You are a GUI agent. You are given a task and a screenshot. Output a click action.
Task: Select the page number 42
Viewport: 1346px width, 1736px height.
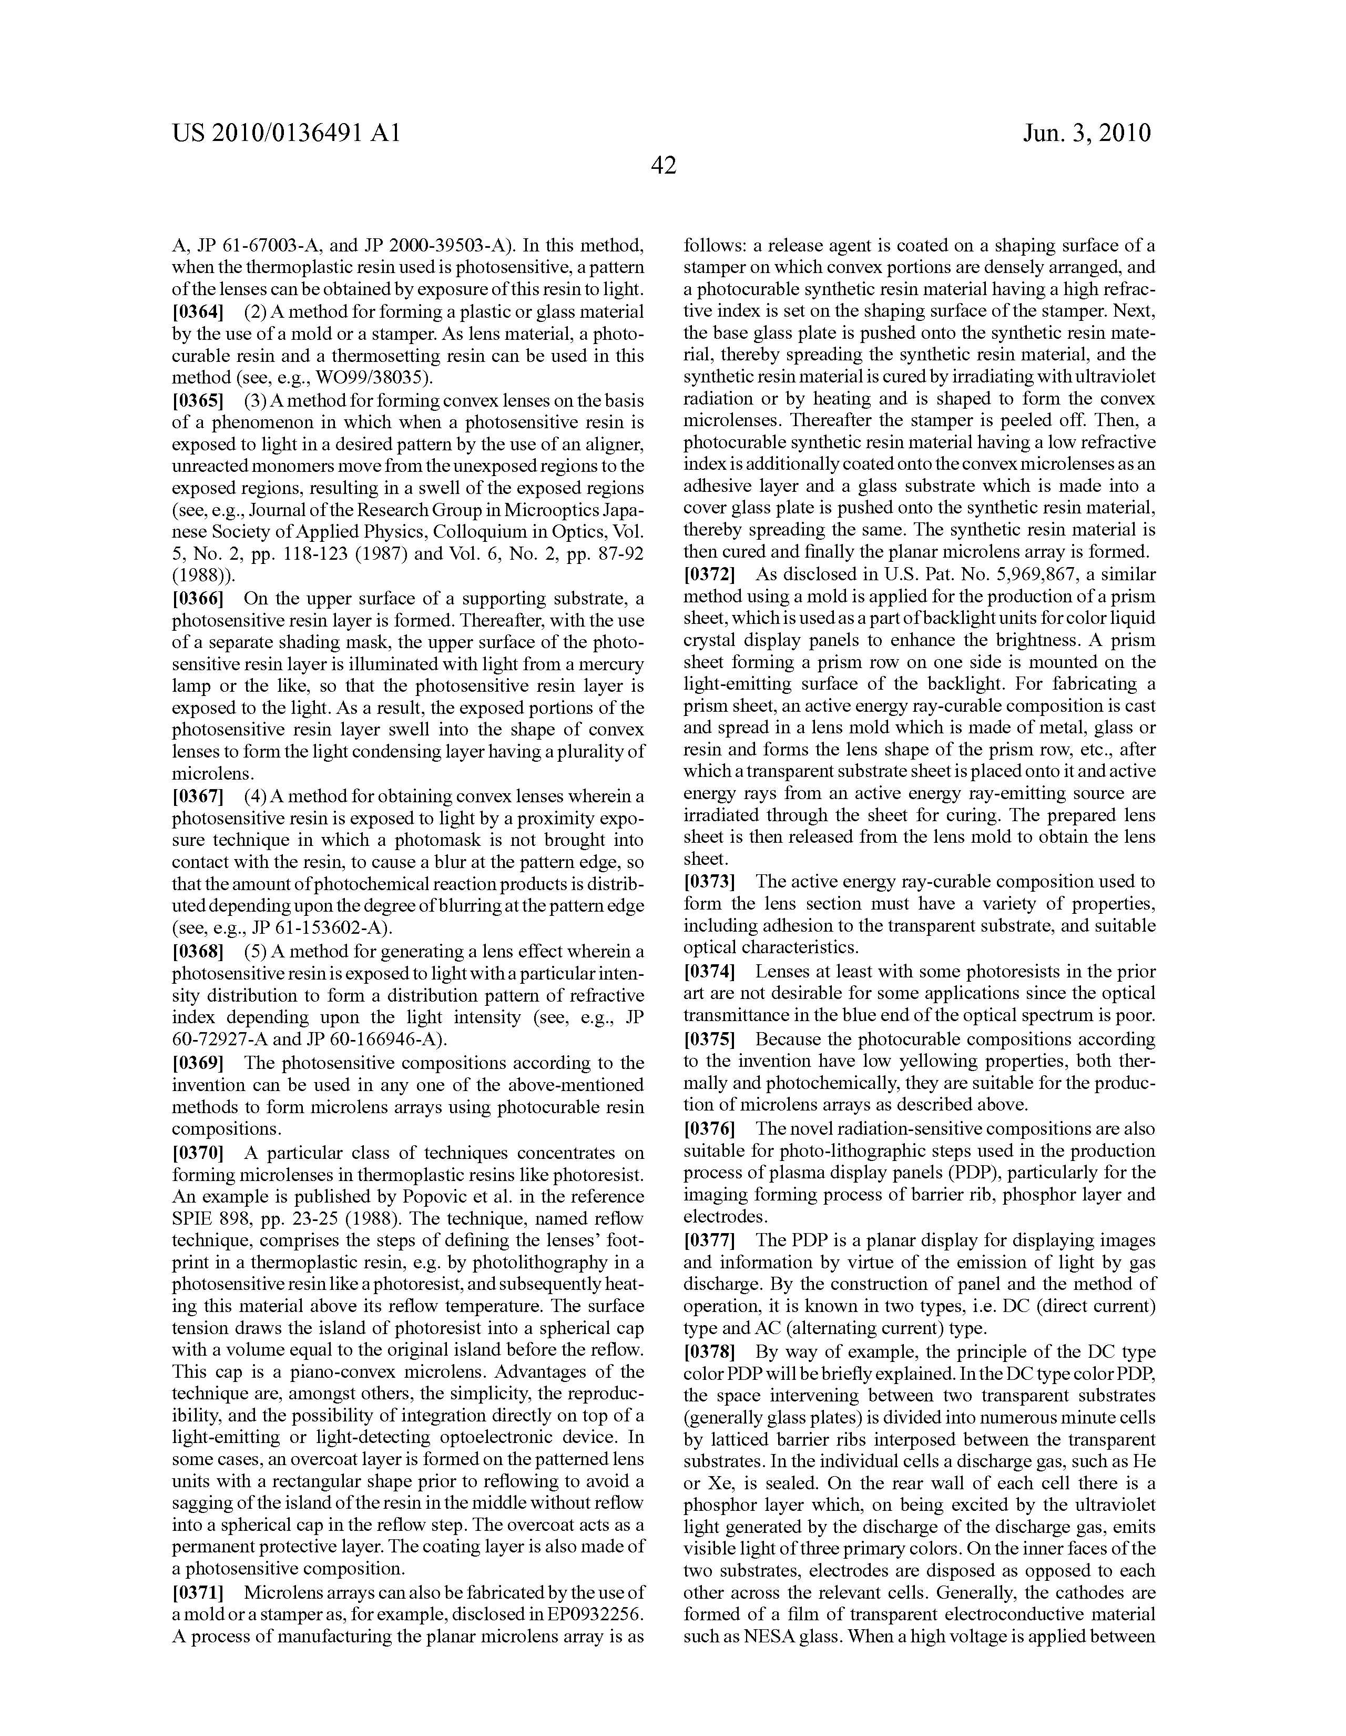pos(664,165)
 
